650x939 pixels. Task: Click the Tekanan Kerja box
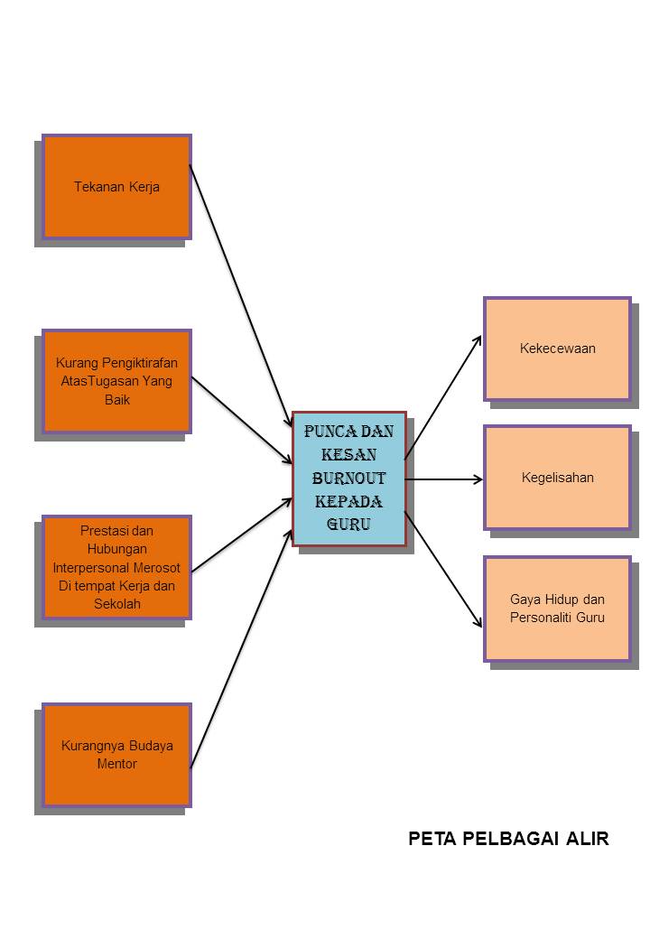(x=116, y=187)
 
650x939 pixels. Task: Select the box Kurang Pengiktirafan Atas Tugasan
(x=116, y=381)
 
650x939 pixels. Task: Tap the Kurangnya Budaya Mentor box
(x=116, y=755)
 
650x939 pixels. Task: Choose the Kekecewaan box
(x=557, y=349)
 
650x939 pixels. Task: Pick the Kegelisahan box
(x=557, y=478)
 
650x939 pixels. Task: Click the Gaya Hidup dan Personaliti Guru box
(x=557, y=609)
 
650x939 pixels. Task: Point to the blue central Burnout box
(x=349, y=479)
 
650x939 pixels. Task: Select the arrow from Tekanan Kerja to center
(x=241, y=296)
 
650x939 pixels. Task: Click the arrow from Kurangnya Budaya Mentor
(x=241, y=648)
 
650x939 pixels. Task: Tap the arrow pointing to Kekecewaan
(x=443, y=397)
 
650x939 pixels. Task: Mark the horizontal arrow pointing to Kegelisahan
(x=443, y=479)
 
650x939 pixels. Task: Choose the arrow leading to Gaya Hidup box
(x=443, y=570)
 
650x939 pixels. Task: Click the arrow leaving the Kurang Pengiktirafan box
(x=242, y=421)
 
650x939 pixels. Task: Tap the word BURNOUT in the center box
(x=349, y=478)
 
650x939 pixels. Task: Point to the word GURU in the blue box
(x=349, y=524)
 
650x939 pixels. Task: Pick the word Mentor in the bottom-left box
(x=116, y=764)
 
